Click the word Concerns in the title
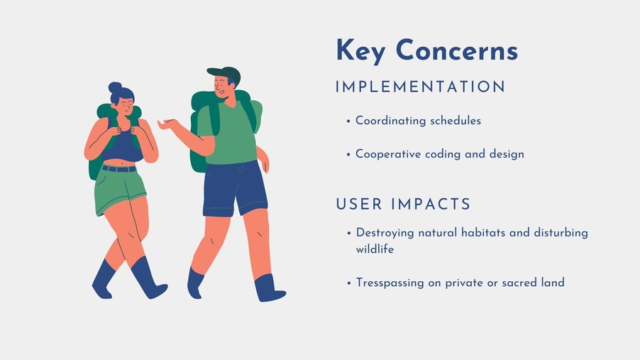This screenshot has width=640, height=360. pyautogui.click(x=457, y=50)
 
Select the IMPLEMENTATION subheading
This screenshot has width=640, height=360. pyautogui.click(x=421, y=87)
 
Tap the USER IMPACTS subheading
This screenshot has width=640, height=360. pyautogui.click(x=403, y=204)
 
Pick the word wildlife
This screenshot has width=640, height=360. pyautogui.click(x=375, y=249)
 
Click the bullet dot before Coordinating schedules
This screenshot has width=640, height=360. pyautogui.click(x=348, y=121)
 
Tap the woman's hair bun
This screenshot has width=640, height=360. pyautogui.click(x=115, y=87)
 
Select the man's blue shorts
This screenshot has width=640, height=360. pyautogui.click(x=234, y=188)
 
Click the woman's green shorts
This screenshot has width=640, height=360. pyautogui.click(x=118, y=190)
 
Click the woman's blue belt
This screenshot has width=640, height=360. pyautogui.click(x=118, y=168)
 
